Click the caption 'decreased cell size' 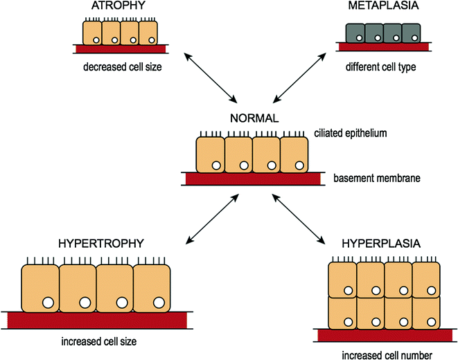pos(119,69)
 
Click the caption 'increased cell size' pos(97,341)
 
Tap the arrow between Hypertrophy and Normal pos(211,219)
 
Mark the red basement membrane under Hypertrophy pos(98,320)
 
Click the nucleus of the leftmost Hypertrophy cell pos(47,302)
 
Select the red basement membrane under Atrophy pos(119,50)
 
